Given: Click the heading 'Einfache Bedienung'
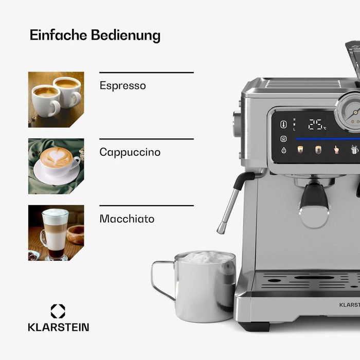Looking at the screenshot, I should click(x=95, y=35).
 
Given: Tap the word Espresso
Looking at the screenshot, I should click(x=122, y=85).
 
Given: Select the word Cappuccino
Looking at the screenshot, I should click(x=130, y=152).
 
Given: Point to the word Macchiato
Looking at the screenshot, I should click(x=127, y=219).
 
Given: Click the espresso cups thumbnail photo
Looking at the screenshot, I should click(x=56, y=99).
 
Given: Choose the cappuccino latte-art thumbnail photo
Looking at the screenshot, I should click(x=56, y=166).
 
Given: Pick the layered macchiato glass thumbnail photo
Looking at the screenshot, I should click(x=56, y=233).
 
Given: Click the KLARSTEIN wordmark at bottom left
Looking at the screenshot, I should click(x=58, y=327).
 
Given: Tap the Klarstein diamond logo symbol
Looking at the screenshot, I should click(x=58, y=311).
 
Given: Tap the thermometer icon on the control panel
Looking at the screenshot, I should click(x=283, y=124).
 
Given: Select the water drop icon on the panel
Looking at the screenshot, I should click(x=283, y=151).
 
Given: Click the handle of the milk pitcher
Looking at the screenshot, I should click(x=159, y=281).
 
